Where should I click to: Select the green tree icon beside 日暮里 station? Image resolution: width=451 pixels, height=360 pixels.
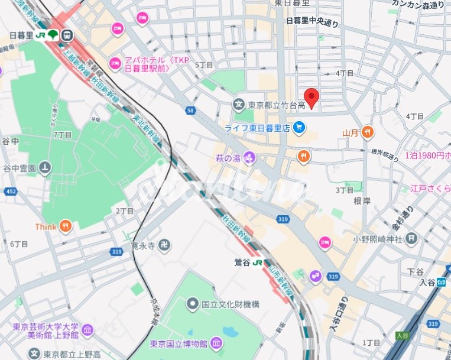click(53, 35)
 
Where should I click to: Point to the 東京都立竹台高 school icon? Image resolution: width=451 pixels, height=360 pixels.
click(239, 105)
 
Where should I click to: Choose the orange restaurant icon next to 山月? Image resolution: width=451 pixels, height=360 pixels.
click(368, 132)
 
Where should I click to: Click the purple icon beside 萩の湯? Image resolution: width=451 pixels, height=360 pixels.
click(249, 157)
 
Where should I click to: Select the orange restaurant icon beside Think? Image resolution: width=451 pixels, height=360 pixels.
click(66, 226)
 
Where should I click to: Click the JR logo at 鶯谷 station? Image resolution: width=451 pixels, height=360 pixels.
click(258, 261)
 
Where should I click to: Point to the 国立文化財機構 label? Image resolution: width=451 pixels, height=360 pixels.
click(231, 304)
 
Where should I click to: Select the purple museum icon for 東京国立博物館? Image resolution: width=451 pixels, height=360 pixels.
click(216, 343)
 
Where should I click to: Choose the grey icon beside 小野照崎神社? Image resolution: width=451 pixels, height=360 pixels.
click(411, 239)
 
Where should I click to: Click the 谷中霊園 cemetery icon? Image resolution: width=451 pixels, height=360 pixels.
click(45, 168)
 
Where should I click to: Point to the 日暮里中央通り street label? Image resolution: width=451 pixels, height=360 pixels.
click(312, 22)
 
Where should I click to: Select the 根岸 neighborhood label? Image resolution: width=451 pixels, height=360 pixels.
click(361, 201)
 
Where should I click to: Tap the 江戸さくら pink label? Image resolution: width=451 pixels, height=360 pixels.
click(430, 189)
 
